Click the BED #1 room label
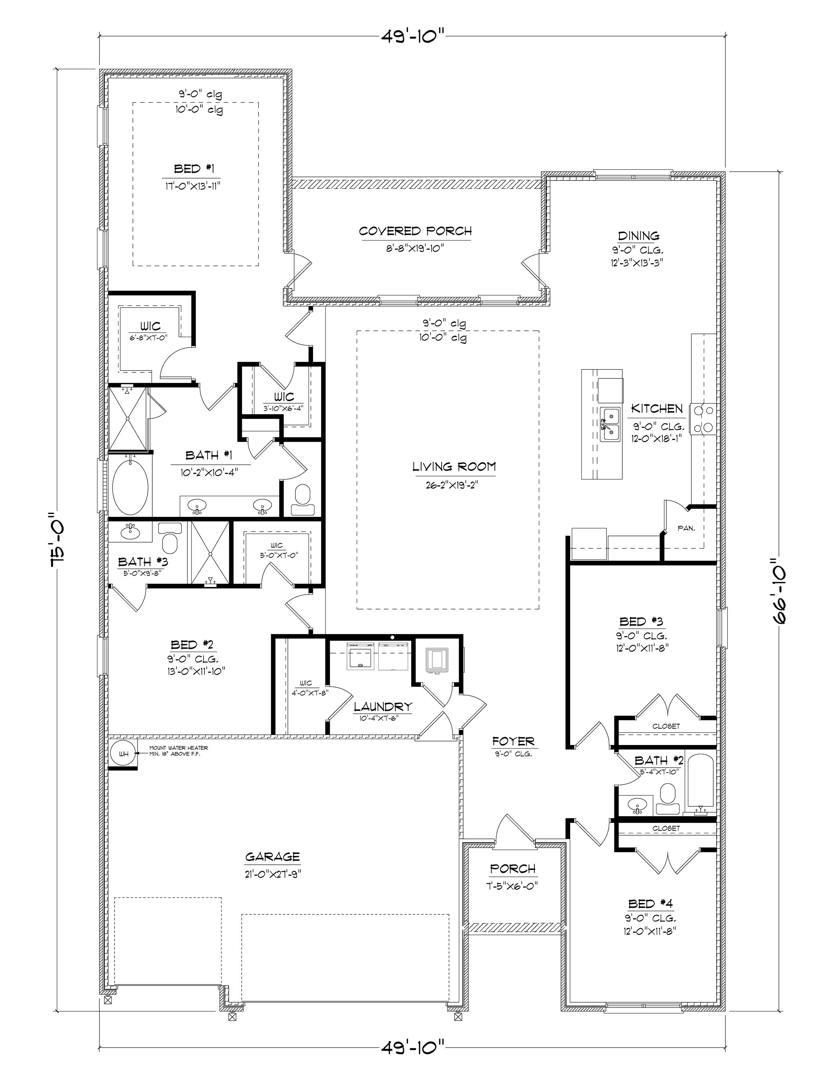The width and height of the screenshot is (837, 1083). (x=194, y=169)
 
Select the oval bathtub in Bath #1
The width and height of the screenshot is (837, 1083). (x=130, y=487)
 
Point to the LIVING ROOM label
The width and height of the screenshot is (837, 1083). (x=454, y=467)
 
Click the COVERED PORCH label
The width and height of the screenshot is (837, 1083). (x=415, y=231)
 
